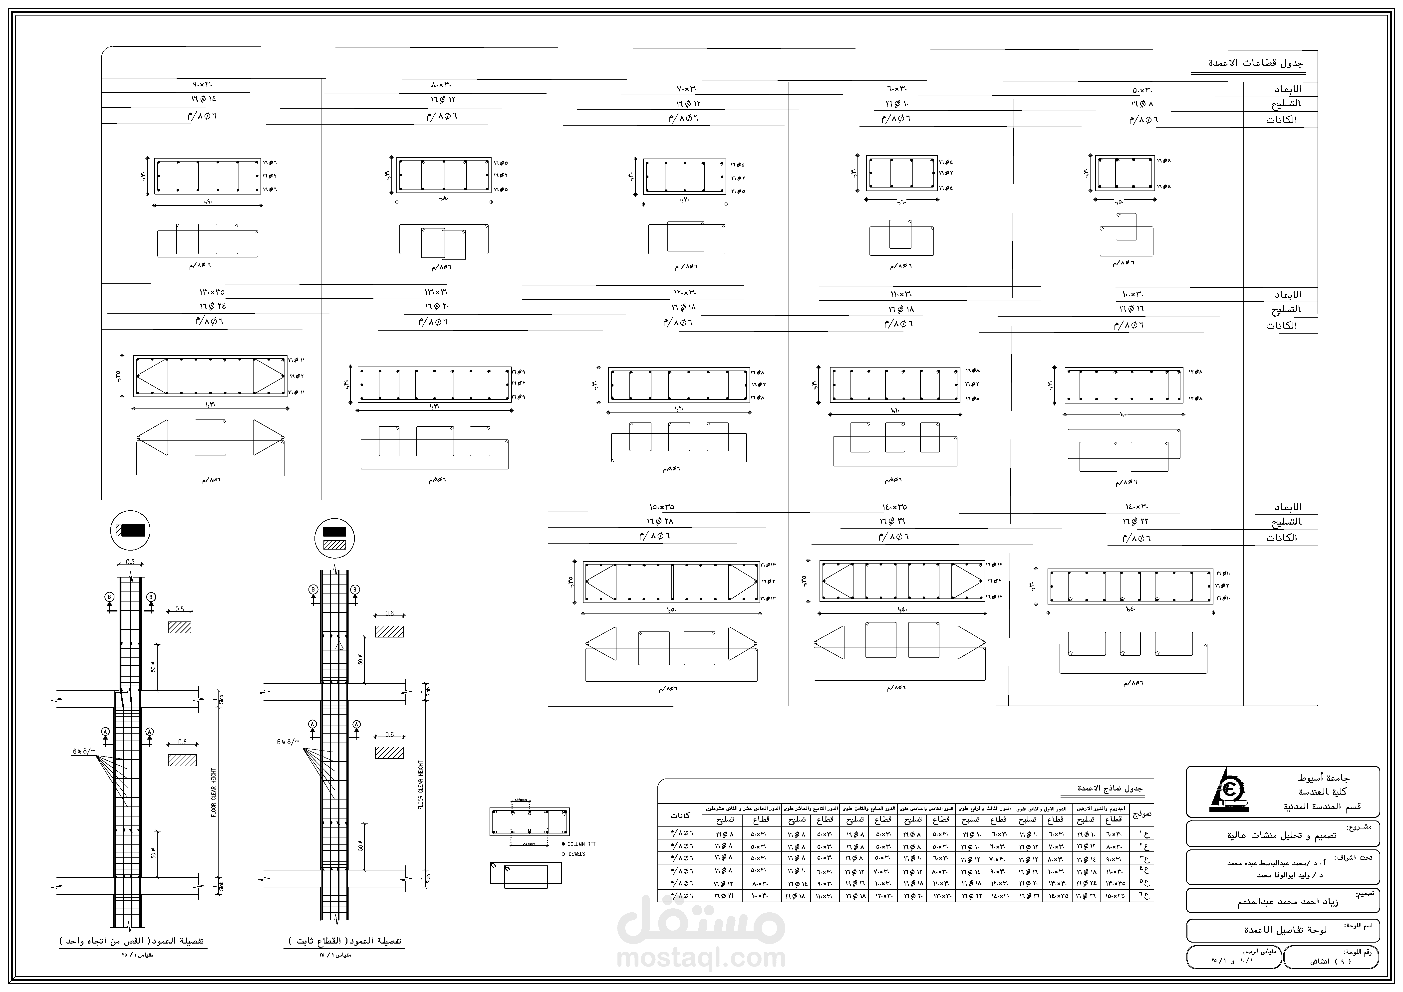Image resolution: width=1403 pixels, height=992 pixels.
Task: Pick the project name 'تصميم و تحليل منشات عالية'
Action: [1281, 835]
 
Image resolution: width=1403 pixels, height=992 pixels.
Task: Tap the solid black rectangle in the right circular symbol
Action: [334, 532]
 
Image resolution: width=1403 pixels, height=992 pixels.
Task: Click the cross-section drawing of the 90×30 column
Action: [207, 176]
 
